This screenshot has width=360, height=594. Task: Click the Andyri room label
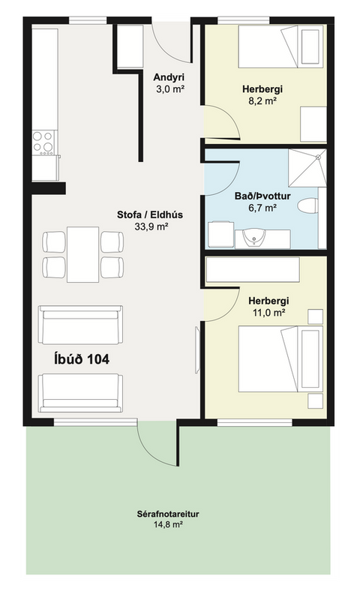tap(169, 78)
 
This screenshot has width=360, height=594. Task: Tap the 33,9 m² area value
tap(151, 226)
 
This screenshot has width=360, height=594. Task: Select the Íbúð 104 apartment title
tap(82, 358)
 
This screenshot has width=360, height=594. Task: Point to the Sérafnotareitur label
tap(168, 514)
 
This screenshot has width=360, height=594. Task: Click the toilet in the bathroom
tap(307, 206)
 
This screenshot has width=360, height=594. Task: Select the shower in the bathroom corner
tap(307, 168)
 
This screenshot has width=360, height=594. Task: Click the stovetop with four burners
tap(43, 142)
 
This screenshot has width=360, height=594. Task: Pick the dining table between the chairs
tap(83, 254)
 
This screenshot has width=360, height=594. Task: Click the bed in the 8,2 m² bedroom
tap(280, 46)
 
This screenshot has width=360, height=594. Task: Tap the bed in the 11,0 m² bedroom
tap(280, 358)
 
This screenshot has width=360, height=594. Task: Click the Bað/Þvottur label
tap(262, 196)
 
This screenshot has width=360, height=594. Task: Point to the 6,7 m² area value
tap(262, 208)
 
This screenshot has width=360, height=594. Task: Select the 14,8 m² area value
tap(168, 525)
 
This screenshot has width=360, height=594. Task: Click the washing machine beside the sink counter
tap(221, 235)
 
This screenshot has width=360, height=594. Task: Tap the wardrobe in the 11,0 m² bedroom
tap(253, 269)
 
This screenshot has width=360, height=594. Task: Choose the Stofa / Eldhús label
tap(150, 214)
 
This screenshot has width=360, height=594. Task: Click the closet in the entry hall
tap(130, 46)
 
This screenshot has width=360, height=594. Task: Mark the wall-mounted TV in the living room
tap(197, 349)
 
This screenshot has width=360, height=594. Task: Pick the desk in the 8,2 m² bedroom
tap(313, 124)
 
